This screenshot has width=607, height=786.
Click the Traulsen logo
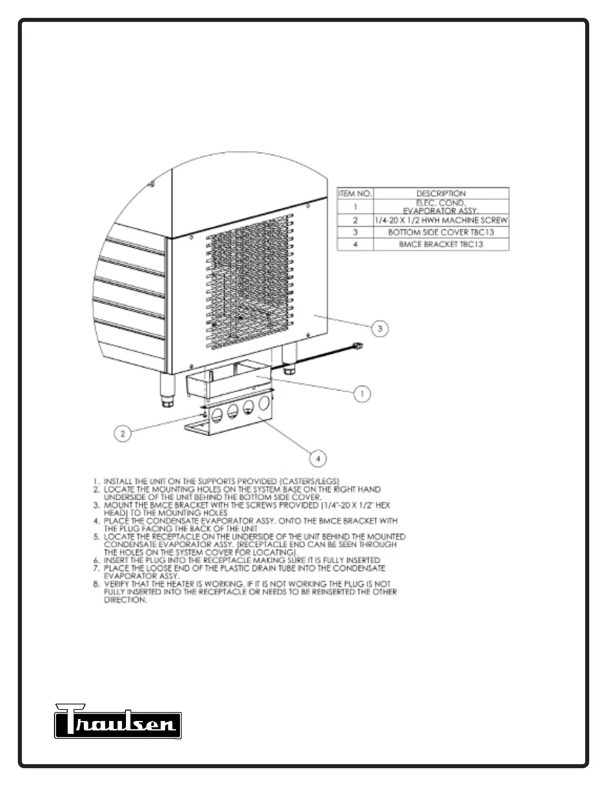pos(118,721)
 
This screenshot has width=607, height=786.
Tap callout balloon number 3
pos(380,328)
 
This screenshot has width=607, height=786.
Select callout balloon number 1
pos(362,394)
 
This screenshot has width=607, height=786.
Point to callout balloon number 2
pos(122,434)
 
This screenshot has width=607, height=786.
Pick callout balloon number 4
pos(318,459)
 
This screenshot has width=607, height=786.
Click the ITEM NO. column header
pos(355,194)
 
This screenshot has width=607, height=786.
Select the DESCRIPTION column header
pos(441,194)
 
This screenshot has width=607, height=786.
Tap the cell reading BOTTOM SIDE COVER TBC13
pos(441,232)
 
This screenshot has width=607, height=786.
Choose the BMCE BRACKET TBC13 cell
pos(441,244)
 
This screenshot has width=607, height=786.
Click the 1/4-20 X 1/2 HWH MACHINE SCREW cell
pos(441,220)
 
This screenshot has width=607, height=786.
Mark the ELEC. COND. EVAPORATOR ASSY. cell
pos(441,207)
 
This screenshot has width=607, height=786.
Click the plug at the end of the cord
pos(357,345)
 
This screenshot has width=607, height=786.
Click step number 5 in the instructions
pos(97,537)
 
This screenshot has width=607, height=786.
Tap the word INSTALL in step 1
pos(118,481)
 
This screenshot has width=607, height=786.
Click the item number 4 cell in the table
pos(355,244)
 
